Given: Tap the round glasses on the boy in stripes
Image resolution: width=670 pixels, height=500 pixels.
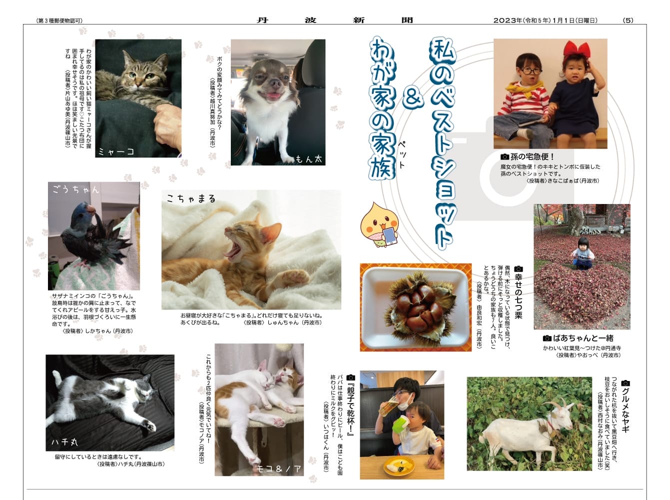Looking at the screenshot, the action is point(532,71).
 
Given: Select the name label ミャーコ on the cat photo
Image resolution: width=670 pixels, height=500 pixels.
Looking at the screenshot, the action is point(116,151).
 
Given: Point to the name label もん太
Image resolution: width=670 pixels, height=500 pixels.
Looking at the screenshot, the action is point(309,158).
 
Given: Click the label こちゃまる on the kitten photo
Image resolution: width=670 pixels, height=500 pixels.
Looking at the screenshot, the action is point(191,198).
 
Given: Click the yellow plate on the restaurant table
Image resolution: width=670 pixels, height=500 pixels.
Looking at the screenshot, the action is point(399,466).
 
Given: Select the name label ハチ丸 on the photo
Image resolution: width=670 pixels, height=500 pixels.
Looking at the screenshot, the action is point(64,442).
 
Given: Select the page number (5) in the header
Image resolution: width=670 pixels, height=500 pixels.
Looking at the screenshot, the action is point(628,20).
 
